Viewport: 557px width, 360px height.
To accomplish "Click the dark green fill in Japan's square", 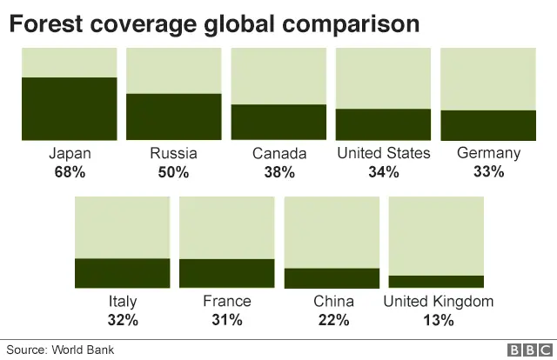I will [69, 109].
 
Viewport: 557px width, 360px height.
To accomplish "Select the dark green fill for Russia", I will [173, 117].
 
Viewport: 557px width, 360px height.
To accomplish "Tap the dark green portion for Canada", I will [278, 122].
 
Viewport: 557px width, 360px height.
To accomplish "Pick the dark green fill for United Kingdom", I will [436, 281].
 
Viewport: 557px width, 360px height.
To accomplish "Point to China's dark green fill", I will [332, 277].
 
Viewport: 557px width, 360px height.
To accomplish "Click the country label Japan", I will [70, 154].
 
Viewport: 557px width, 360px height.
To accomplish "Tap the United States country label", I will [383, 154].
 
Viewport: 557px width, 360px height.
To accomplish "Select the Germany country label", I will [488, 154].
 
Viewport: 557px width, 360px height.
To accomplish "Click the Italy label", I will [123, 302].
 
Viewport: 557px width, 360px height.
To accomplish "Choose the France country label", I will [226, 302].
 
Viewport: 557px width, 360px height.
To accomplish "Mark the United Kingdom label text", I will [439, 302].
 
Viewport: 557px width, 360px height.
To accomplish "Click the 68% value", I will [70, 172].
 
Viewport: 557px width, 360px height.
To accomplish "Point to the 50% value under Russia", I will [173, 172].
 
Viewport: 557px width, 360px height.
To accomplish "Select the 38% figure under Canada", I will [279, 172].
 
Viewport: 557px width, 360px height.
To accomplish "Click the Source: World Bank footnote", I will [60, 350].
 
